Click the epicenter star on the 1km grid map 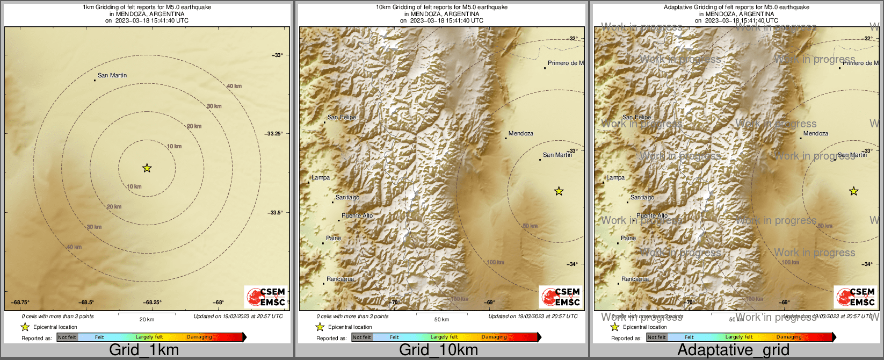click(x=147, y=168)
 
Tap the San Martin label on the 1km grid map click(x=112, y=75)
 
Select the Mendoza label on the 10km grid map click(x=520, y=133)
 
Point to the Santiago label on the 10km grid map click(x=347, y=197)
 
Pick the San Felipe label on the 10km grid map click(x=342, y=117)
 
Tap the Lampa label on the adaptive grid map click(x=615, y=177)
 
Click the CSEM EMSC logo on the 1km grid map click(x=266, y=297)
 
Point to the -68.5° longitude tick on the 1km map click(x=86, y=303)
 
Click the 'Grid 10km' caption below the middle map click(x=438, y=350)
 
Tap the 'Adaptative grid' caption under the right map click(x=733, y=350)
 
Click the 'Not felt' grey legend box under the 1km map click(x=67, y=337)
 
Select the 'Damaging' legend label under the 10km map click(x=494, y=337)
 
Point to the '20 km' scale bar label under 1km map click(x=147, y=319)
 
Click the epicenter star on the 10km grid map click(x=559, y=191)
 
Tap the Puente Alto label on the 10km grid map click(x=357, y=215)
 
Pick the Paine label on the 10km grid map click(x=333, y=238)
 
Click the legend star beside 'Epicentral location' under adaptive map click(x=615, y=327)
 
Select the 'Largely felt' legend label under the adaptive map click(x=739, y=337)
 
